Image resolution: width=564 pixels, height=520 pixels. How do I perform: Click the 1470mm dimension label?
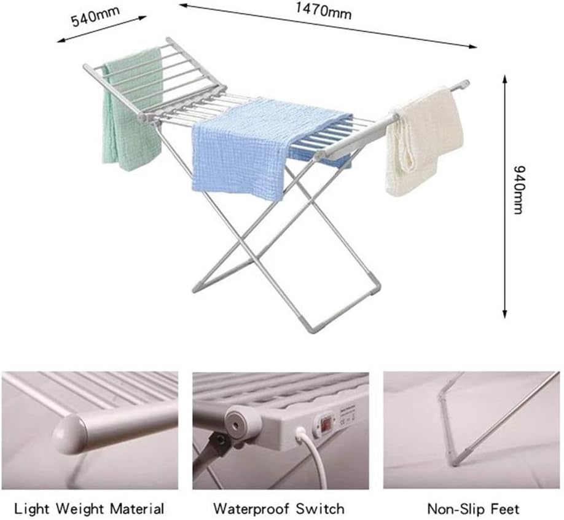323,11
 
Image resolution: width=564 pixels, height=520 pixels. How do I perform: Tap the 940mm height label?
519,190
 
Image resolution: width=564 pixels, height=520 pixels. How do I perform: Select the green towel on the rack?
131,108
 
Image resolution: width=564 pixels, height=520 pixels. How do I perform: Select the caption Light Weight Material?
89,509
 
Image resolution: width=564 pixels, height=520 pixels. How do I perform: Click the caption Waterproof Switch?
279,509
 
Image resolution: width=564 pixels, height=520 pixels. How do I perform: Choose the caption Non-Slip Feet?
473,509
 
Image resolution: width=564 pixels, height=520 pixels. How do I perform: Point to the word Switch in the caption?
320,509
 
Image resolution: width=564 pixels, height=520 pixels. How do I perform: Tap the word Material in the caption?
137,509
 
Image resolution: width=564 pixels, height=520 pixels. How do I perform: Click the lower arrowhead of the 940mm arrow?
504,315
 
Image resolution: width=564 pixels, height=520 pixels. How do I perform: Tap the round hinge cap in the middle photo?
239,422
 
